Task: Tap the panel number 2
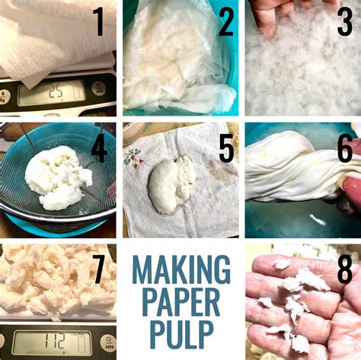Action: (225, 23)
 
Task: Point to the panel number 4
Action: (98, 149)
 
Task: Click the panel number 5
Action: (225, 148)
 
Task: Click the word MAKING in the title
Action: (180, 269)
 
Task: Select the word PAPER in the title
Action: (180, 302)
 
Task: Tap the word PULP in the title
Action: (180, 335)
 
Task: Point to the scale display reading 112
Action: (51, 342)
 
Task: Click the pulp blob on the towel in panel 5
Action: (171, 183)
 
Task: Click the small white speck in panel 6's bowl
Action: (319, 221)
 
